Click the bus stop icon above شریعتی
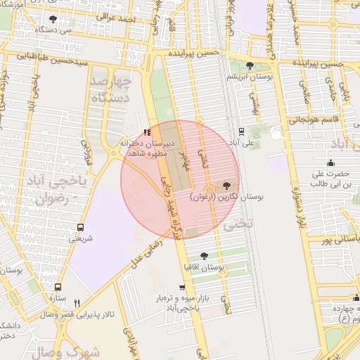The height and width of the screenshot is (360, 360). [80, 228]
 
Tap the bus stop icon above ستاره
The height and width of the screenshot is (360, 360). [58, 287]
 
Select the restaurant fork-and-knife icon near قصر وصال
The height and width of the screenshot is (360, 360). [77, 302]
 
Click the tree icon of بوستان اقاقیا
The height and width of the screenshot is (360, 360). [204, 256]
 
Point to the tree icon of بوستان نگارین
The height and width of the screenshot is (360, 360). [226, 186]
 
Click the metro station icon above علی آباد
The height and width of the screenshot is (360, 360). [242, 131]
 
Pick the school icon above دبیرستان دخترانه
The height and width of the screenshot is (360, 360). [146, 131]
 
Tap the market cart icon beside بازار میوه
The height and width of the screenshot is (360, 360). [183, 288]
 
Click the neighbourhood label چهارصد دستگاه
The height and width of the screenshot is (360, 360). [112, 89]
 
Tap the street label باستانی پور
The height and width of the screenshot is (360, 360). [336, 240]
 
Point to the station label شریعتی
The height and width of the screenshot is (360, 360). [79, 238]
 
